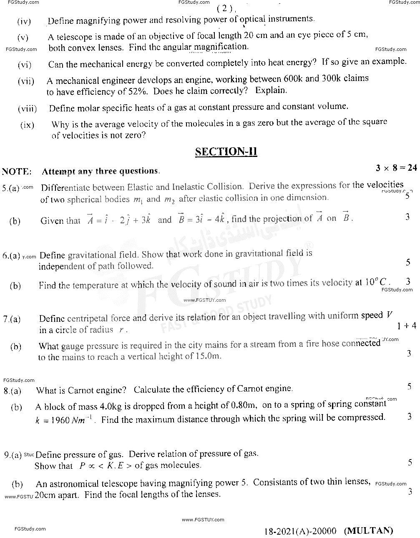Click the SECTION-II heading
pyautogui.click(x=226, y=152)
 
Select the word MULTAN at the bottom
pyautogui.click(x=368, y=530)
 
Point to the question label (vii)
pyautogui.click(x=26, y=81)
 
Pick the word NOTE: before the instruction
pyautogui.click(x=17, y=171)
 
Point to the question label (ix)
pyautogui.click(x=27, y=125)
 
